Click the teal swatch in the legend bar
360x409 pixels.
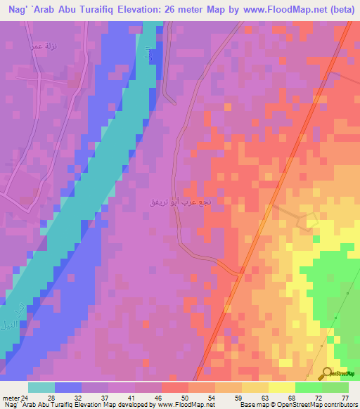click(41, 387)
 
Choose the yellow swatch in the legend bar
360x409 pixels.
click(281, 387)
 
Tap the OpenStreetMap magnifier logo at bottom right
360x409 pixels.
click(328, 374)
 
